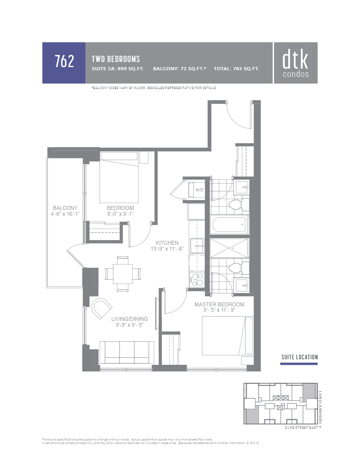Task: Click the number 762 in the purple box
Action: tap(64, 62)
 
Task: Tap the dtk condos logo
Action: tap(295, 63)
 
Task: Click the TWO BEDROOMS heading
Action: tap(116, 59)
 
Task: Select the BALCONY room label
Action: tap(65, 208)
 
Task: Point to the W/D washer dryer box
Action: tap(200, 190)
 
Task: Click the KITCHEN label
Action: tap(167, 243)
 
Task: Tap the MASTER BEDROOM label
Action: tap(219, 304)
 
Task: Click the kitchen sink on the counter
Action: tap(197, 246)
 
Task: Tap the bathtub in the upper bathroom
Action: tap(229, 225)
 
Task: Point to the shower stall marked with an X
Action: tap(229, 248)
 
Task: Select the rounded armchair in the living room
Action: tap(102, 308)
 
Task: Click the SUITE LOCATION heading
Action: tap(299, 357)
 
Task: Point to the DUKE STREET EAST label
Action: tap(301, 428)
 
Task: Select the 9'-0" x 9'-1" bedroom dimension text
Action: tap(120, 214)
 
